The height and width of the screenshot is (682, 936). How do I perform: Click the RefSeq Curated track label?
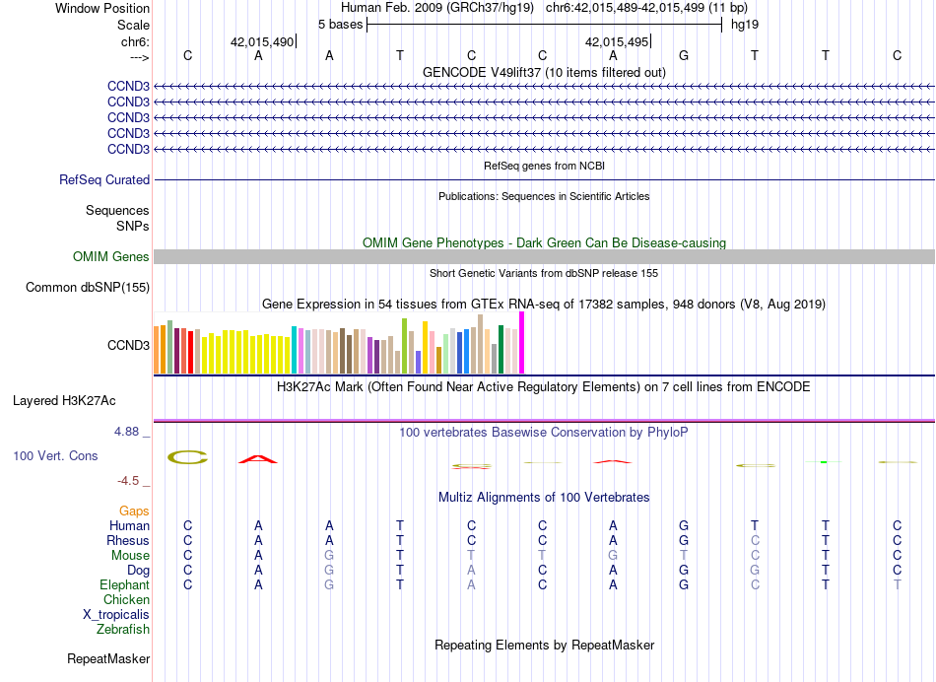(104, 180)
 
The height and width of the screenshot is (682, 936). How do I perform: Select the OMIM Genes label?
(111, 257)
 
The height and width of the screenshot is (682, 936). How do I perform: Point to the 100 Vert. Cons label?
(55, 456)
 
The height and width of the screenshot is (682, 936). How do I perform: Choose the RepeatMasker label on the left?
(108, 658)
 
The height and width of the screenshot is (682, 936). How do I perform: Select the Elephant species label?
(124, 585)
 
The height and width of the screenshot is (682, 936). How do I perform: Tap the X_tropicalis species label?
(116, 614)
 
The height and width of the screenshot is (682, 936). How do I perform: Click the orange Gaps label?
(134, 511)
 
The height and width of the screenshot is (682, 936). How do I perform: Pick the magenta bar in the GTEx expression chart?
(522, 343)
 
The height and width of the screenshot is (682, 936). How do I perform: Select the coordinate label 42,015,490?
(262, 42)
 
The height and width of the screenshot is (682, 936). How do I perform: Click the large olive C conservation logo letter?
(187, 457)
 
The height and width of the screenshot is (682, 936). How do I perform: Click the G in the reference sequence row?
(684, 55)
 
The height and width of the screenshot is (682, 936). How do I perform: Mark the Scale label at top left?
(133, 25)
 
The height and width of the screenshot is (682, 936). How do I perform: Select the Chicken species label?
(126, 600)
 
